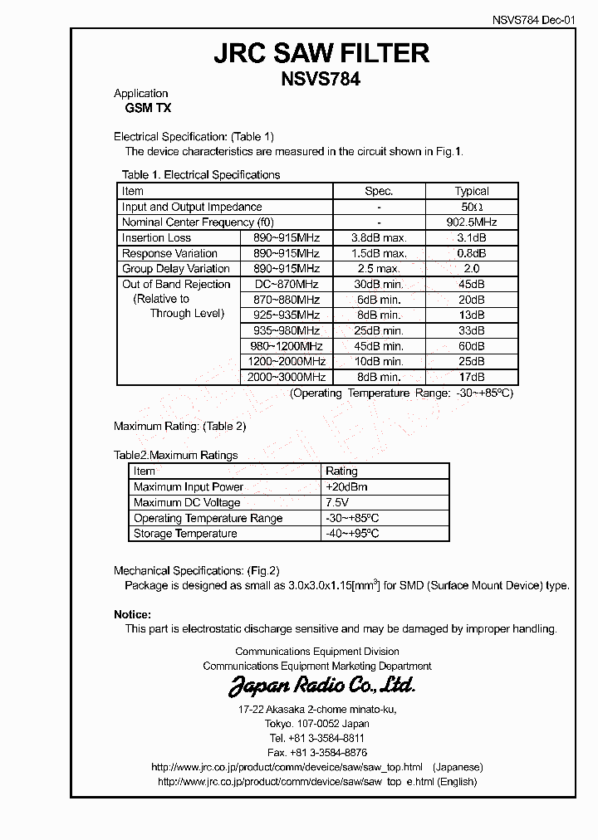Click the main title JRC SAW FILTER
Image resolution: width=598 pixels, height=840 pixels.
[321, 54]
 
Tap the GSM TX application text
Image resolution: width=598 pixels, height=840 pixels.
[143, 109]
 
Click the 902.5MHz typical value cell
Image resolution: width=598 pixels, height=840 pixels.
[472, 222]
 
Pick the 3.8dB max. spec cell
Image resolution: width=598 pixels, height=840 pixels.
[379, 238]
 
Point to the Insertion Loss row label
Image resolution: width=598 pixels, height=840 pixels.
[157, 238]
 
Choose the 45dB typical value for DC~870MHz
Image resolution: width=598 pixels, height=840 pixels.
[472, 285]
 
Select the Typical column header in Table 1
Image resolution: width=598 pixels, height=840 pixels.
[472, 191]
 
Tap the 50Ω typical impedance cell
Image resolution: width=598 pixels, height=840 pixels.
[472, 207]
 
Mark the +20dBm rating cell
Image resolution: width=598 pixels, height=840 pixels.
[347, 487]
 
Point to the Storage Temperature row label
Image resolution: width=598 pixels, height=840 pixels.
[185, 534]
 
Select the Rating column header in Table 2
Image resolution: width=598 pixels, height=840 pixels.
[341, 471]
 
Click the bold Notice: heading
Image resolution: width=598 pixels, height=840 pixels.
[132, 615]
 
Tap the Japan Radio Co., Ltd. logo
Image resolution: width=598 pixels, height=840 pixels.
[321, 686]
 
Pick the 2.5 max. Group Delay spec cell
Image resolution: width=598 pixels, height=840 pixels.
[379, 269]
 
